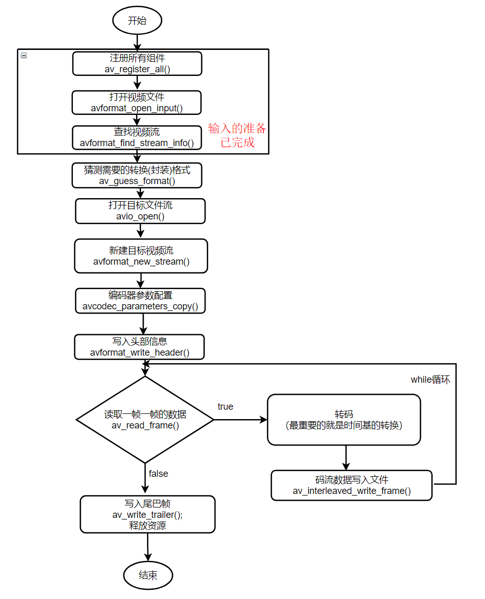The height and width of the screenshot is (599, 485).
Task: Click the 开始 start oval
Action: point(137,21)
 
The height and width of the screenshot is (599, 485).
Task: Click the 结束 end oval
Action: point(148,575)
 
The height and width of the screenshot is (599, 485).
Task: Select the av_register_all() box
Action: point(137,63)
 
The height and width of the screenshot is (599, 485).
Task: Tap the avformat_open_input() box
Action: point(136,102)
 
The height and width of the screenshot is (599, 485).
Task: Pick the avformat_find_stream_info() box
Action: point(137,138)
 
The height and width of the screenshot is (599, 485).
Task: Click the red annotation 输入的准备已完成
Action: point(237,135)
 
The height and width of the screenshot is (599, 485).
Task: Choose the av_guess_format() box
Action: point(137,175)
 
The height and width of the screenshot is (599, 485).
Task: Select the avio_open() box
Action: point(140,211)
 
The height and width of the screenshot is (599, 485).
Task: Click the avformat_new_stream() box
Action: point(141,256)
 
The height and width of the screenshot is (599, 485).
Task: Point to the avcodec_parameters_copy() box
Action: point(141,301)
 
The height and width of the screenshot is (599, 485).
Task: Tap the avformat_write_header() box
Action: point(139,347)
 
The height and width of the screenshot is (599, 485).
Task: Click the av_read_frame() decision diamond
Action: point(145,420)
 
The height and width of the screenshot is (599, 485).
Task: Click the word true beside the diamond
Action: point(225,407)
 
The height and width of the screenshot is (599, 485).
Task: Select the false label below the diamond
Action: point(158,474)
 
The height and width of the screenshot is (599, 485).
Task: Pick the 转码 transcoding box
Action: point(343,420)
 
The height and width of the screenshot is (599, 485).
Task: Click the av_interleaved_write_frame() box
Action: point(352,485)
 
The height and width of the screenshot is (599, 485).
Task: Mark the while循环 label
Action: point(430,380)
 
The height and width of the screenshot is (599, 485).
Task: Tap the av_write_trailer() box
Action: point(147,514)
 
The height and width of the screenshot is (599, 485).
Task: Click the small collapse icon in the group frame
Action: point(23,55)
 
